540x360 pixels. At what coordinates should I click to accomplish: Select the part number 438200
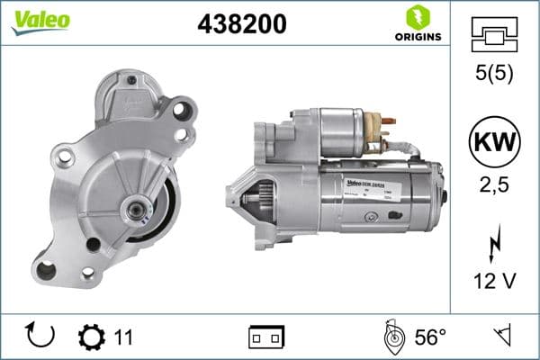(241, 24)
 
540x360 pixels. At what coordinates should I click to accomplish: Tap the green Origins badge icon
(417, 16)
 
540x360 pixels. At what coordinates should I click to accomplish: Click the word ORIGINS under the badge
(417, 37)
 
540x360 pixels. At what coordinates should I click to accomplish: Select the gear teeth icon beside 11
(91, 337)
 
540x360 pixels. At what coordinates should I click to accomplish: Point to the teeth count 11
(123, 337)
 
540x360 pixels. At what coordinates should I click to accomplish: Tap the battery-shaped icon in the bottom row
(266, 337)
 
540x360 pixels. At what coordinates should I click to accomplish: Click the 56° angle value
(430, 337)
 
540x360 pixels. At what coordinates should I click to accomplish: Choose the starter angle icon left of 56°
(393, 337)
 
